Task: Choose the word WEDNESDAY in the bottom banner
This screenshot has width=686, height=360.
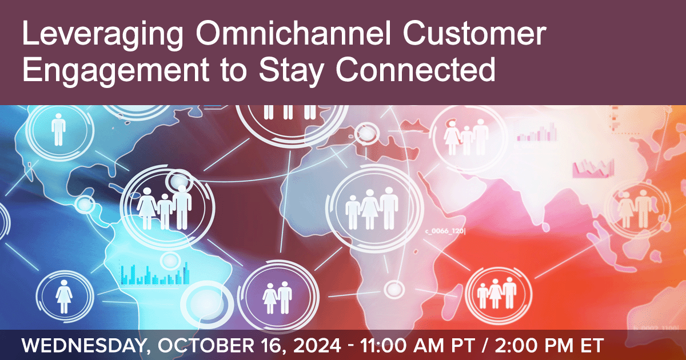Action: point(83,346)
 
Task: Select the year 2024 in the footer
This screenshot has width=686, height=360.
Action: point(317,346)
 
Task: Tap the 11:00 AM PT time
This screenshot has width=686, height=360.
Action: point(417,346)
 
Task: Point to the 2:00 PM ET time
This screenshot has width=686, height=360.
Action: point(549,346)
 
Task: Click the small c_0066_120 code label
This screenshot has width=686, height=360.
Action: point(445,231)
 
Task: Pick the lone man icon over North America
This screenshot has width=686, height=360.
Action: point(58,130)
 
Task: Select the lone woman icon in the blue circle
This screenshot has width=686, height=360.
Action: point(64,297)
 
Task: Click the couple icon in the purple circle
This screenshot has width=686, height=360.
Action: point(277,298)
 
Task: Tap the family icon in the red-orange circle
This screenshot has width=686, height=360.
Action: point(497,293)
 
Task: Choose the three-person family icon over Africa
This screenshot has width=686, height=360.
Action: point(372,209)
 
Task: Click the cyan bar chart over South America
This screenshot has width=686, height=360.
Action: point(155,273)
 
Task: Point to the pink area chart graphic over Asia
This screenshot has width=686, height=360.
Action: point(593,169)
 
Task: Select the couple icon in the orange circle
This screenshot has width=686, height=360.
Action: point(637,209)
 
